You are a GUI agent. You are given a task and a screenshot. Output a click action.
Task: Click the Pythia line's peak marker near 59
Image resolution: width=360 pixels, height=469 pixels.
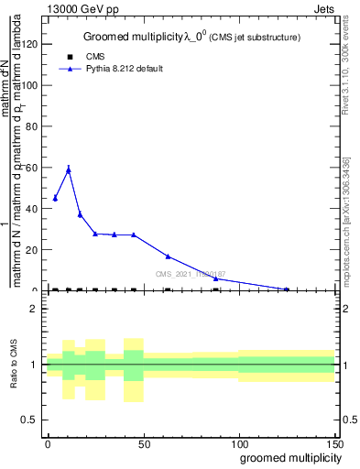click(68, 169)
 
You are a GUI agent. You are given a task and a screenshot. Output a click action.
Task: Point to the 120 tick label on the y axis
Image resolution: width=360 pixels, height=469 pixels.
click(29, 43)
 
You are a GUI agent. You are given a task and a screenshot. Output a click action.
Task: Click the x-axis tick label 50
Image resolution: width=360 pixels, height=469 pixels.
click(143, 442)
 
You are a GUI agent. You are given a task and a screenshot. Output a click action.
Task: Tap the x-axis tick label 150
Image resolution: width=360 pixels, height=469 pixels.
click(334, 442)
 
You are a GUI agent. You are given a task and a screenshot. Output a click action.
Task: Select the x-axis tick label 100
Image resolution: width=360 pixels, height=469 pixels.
click(238, 442)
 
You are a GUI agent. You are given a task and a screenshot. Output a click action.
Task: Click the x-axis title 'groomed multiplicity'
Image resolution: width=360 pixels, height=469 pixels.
click(289, 457)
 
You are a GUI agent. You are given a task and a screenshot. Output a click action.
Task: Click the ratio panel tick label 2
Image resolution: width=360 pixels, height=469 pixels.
click(35, 309)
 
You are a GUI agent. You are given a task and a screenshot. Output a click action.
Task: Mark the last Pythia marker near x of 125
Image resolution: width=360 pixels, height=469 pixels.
click(287, 289)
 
